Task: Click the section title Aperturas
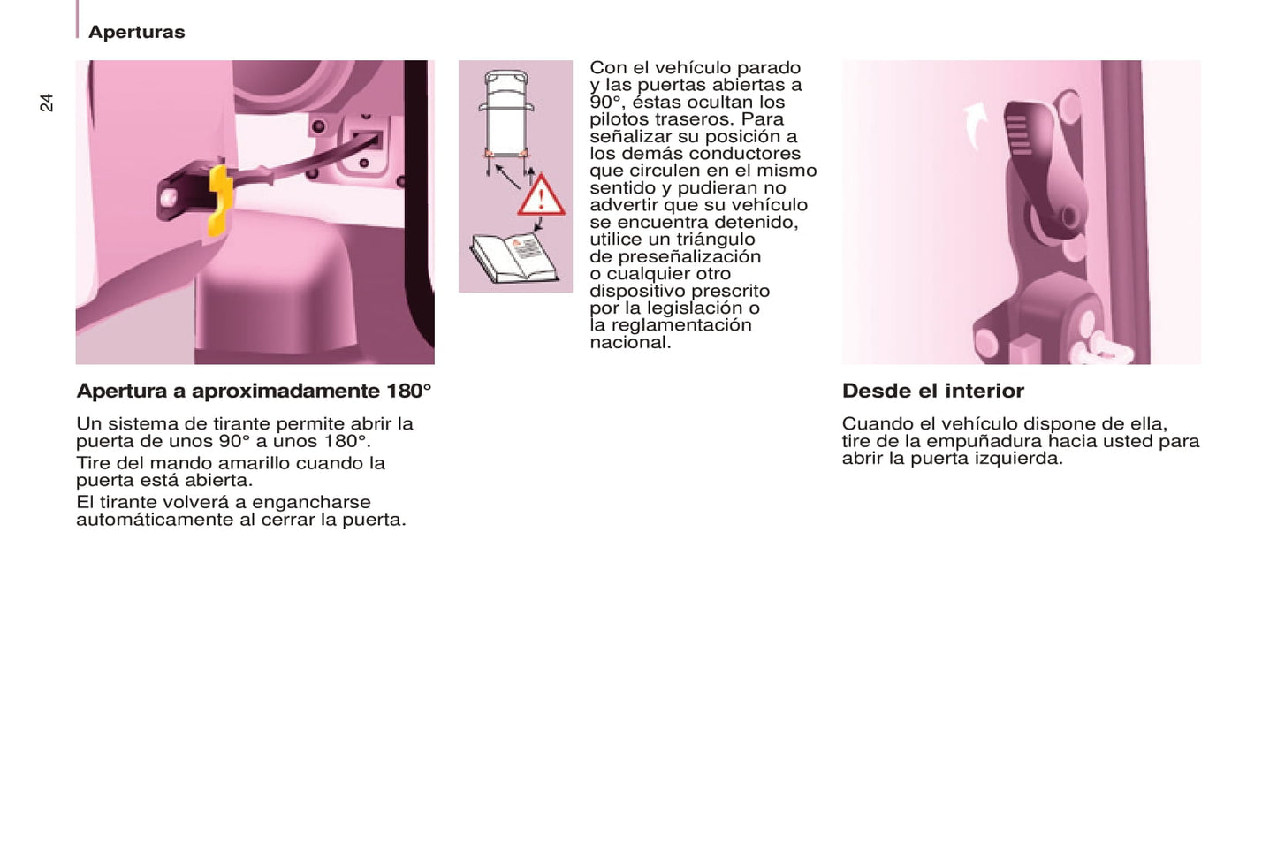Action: (137, 32)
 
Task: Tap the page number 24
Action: (46, 103)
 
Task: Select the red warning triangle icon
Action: (541, 195)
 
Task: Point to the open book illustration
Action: (513, 258)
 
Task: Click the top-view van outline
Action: (506, 114)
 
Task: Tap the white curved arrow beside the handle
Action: (976, 125)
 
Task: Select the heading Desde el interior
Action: (933, 391)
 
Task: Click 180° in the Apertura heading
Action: (408, 391)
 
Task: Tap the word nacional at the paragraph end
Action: (630, 342)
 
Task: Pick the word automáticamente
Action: (155, 520)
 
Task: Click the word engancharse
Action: (311, 502)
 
